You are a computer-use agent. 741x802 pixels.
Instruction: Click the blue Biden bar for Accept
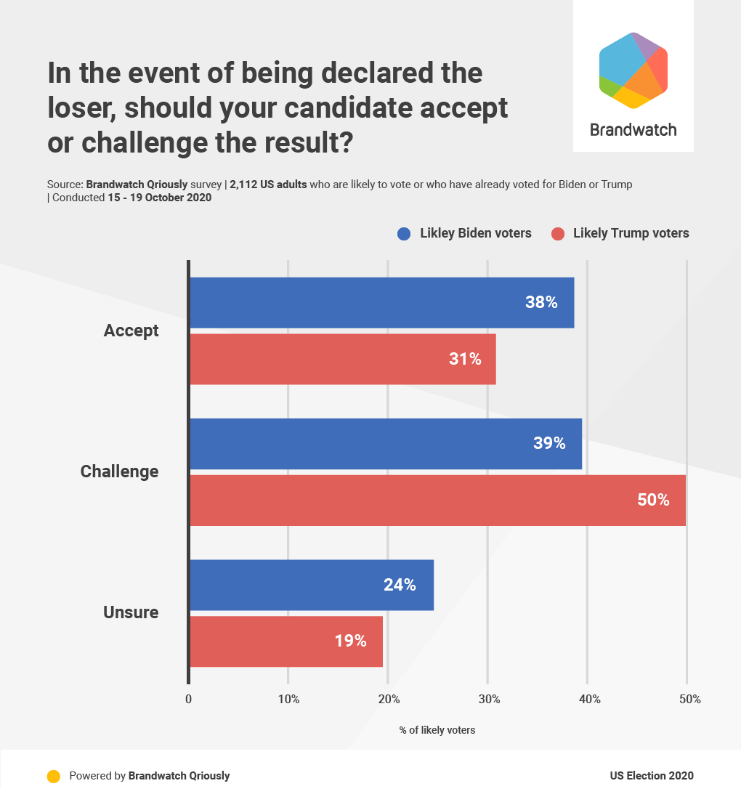[381, 302]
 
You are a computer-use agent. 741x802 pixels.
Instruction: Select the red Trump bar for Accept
[342, 359]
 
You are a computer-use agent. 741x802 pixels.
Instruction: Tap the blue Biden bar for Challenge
[385, 443]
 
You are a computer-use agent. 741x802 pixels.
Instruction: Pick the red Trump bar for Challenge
[437, 500]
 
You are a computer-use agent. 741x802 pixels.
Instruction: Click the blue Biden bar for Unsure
[311, 585]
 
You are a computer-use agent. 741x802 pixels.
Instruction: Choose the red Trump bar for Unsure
[286, 641]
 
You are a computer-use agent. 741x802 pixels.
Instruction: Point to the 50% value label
[653, 500]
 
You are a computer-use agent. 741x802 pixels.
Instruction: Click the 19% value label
[350, 641]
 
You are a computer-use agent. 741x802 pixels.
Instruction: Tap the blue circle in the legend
[405, 234]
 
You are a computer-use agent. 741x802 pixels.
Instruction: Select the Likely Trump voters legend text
[631, 233]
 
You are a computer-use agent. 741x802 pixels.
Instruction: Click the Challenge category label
[119, 471]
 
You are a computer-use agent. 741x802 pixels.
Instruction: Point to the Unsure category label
[131, 612]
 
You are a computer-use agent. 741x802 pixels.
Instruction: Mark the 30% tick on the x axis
[489, 700]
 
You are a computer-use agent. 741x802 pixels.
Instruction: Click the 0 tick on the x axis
[189, 700]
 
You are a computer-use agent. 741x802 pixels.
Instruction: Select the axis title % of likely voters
[437, 730]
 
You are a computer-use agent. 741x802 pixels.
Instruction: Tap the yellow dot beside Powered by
[53, 776]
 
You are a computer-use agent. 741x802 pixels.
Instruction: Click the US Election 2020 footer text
[651, 776]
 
